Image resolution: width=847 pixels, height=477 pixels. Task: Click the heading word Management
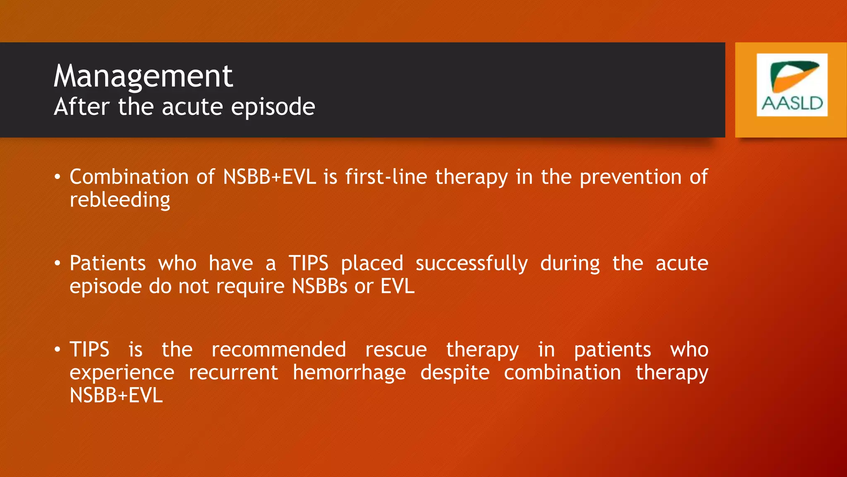[x=143, y=76]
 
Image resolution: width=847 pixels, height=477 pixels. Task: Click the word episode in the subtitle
[x=273, y=107]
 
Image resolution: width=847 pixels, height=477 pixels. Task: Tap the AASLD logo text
[x=792, y=103]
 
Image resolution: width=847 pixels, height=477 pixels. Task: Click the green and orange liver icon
[x=794, y=76]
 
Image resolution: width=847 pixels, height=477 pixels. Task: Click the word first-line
[x=386, y=177]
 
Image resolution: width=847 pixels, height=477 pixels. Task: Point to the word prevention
[x=630, y=178]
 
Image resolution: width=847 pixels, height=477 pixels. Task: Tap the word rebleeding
[x=120, y=200]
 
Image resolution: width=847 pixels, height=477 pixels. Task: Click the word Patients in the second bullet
[x=108, y=263]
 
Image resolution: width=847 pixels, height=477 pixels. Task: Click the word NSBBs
[x=319, y=287]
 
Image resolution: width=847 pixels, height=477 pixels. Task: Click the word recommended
[x=279, y=349]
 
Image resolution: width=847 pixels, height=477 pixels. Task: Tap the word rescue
[x=396, y=350]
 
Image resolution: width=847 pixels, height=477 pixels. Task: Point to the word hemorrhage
[x=349, y=373]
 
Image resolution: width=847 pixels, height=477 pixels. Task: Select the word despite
[x=455, y=373]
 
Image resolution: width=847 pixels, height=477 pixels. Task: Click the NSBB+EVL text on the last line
[x=116, y=395]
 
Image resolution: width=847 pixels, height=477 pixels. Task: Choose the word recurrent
[x=233, y=373]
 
